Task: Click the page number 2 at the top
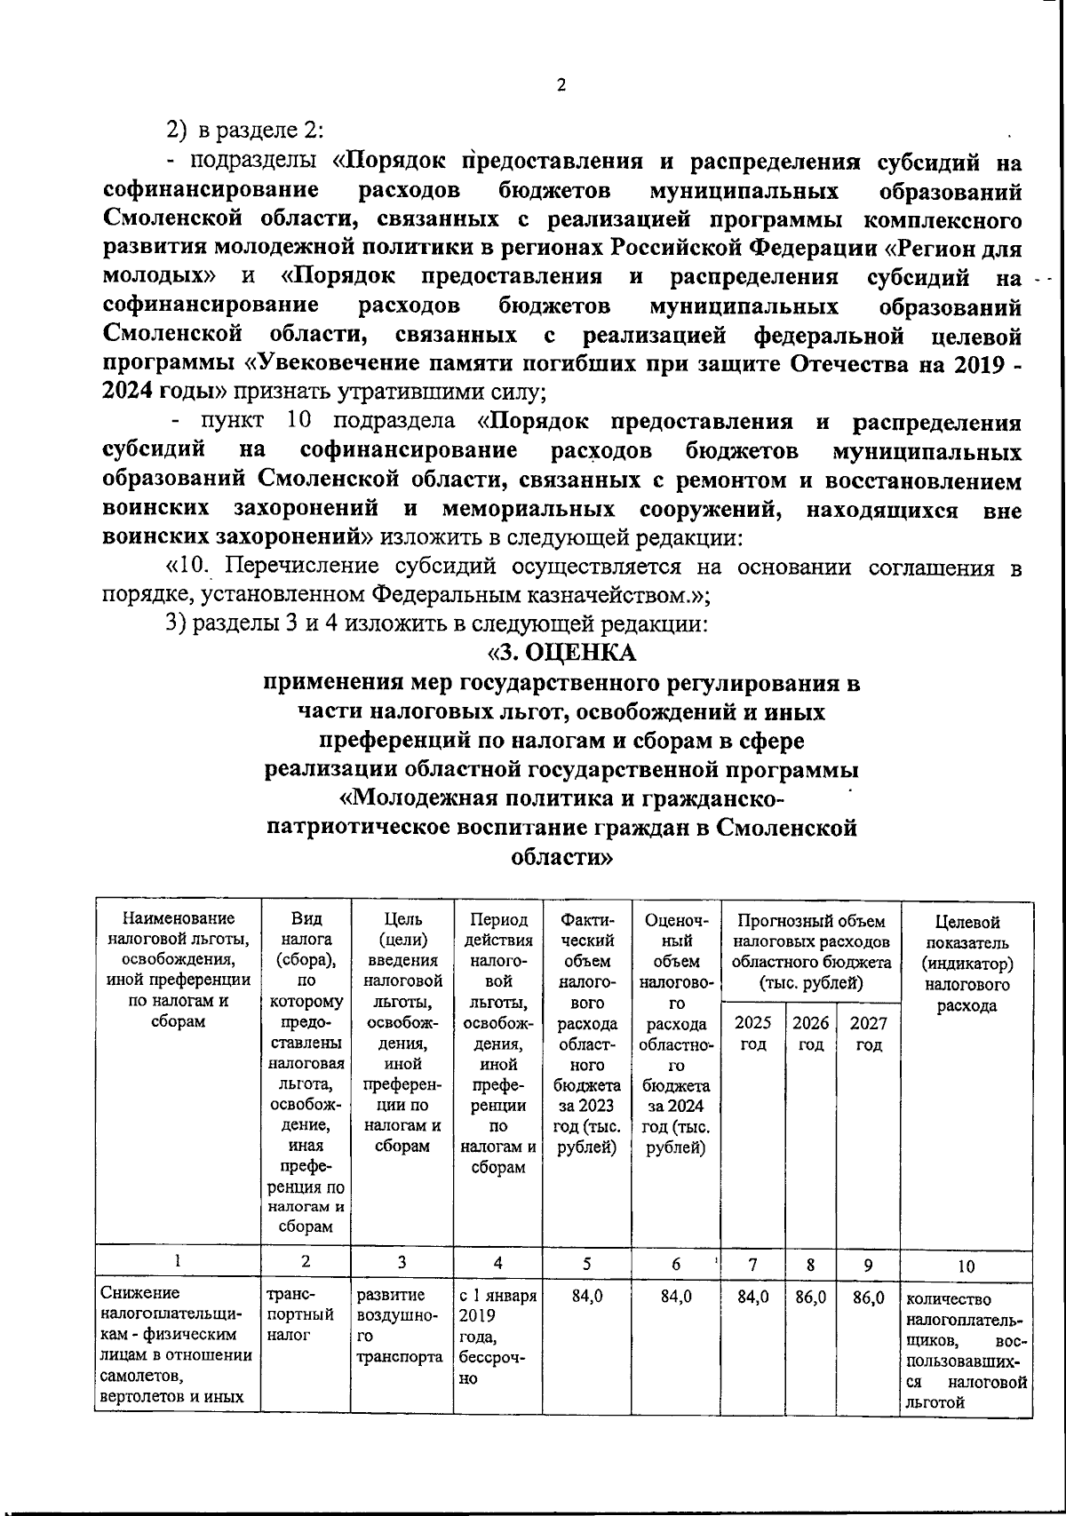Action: [x=560, y=85]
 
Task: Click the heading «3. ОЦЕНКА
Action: [x=561, y=653]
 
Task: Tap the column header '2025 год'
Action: [x=753, y=1034]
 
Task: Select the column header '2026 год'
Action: [x=810, y=1034]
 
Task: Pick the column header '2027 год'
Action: [x=868, y=1034]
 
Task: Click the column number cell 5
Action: [x=586, y=1263]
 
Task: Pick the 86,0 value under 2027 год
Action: [x=868, y=1297]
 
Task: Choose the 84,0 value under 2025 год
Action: [x=753, y=1297]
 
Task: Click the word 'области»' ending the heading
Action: [x=561, y=858]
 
